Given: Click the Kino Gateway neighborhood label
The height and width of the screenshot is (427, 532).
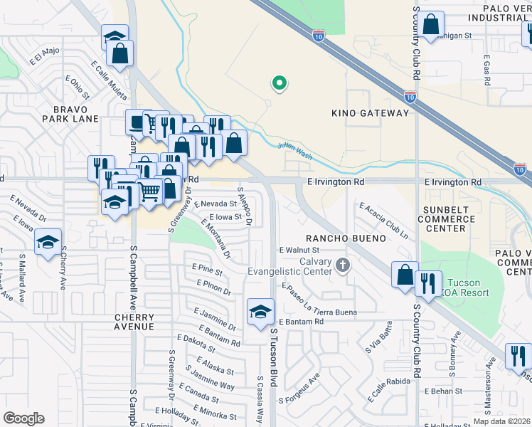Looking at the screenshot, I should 371,113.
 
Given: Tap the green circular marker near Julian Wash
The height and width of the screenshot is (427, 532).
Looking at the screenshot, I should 280,84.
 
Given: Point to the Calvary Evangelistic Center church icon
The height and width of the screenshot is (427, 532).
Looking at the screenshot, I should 343,265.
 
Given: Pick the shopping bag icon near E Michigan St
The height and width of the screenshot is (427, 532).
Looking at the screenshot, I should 431,24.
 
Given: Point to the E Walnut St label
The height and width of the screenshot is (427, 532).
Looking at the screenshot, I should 299,250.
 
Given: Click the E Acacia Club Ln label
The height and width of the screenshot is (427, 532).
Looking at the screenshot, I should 384,219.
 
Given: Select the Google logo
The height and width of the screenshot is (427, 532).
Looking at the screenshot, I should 23,418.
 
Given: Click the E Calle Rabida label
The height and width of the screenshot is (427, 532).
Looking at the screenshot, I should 381,387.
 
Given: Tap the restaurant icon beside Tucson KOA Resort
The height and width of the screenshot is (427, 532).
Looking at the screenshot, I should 428,283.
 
